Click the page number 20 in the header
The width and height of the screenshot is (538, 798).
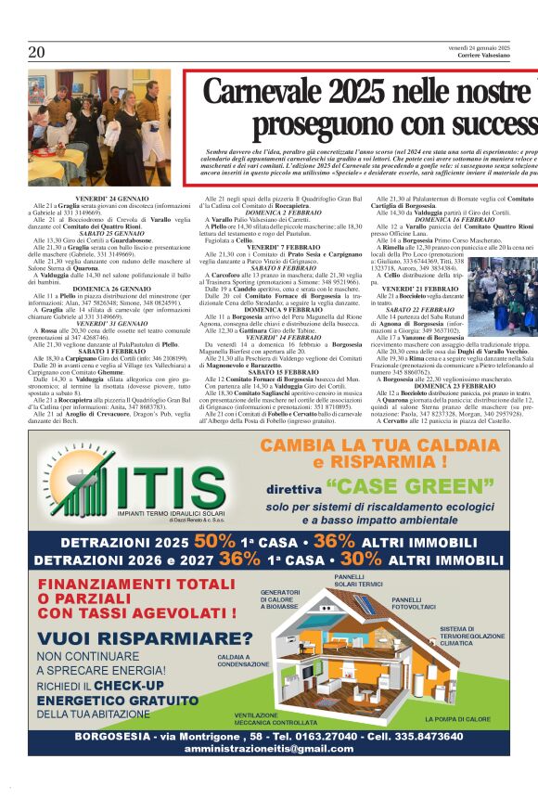point(36,52)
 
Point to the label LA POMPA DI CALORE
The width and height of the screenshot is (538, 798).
point(458,718)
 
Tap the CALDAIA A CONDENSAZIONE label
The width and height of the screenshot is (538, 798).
point(245,661)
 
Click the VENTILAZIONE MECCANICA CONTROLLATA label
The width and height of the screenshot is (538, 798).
point(276,718)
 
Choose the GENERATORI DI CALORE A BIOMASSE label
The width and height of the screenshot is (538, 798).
point(280,598)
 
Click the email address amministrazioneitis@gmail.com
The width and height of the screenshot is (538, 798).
point(268,748)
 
